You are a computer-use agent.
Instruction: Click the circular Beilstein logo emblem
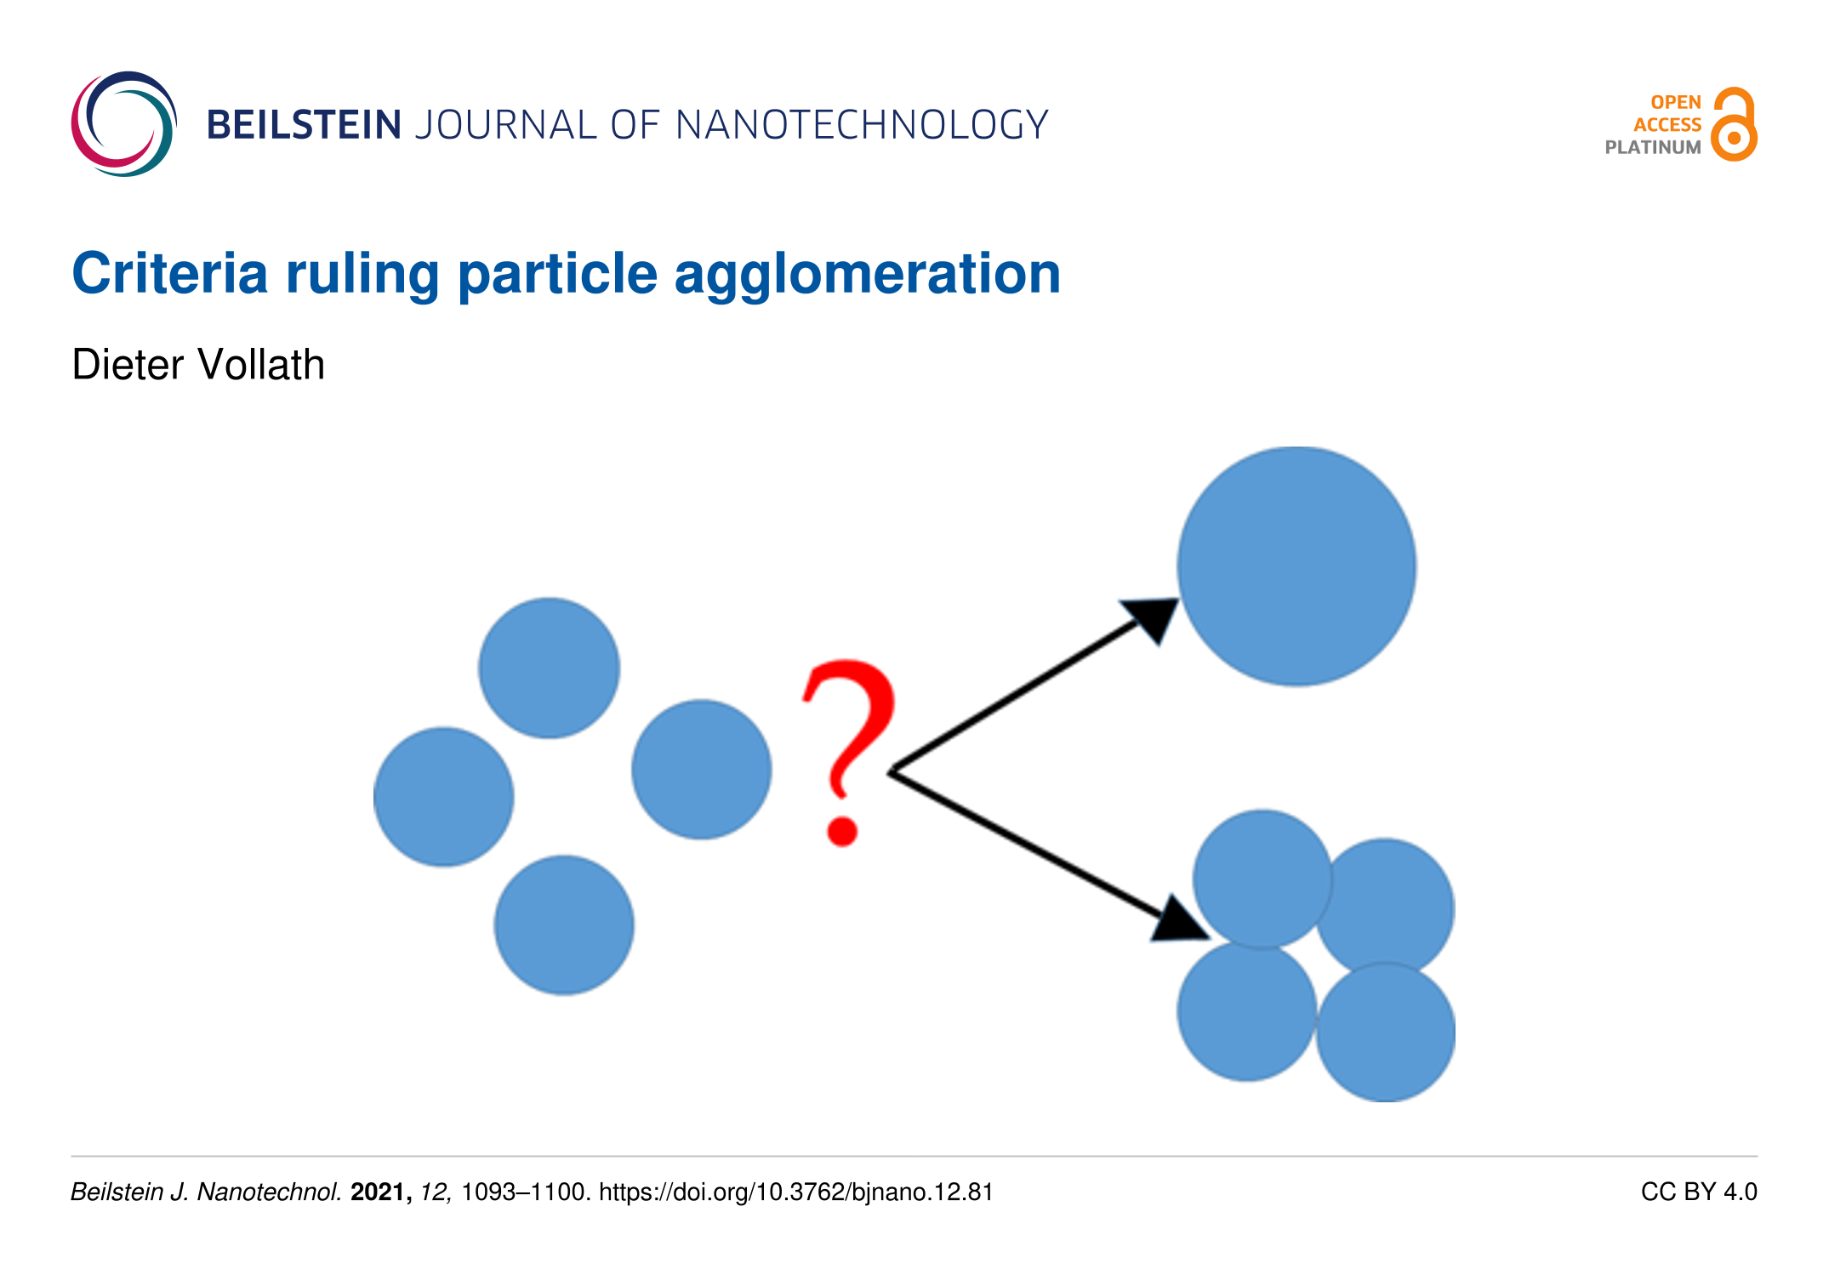[124, 124]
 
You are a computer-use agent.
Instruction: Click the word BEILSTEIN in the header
[304, 125]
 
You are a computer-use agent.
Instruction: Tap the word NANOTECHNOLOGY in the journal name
[862, 125]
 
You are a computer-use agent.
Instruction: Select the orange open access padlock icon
[1734, 124]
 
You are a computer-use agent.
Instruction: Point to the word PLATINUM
[1653, 147]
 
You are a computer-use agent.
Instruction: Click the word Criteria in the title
[169, 274]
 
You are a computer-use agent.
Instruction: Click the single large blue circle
[1296, 566]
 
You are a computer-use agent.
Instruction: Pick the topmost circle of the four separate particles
[549, 668]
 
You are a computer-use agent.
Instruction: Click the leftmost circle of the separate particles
[443, 797]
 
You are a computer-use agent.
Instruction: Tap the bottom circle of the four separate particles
[564, 925]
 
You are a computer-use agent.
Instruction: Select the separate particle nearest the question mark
[702, 770]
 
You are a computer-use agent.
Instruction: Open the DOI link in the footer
[796, 1192]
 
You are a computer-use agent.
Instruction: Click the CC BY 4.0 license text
[1699, 1192]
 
